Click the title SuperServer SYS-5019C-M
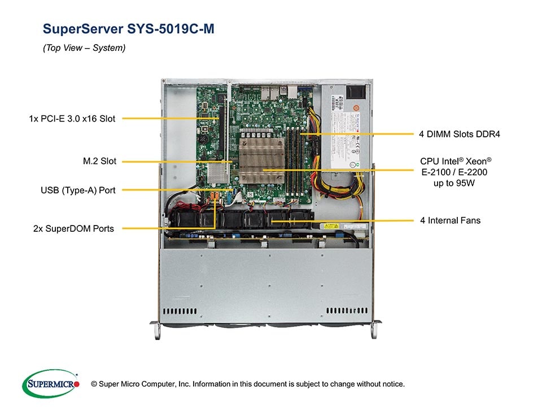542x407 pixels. click(x=128, y=29)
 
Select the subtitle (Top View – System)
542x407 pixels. click(x=84, y=48)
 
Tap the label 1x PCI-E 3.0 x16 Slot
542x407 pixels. click(x=72, y=119)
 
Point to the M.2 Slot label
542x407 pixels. click(x=99, y=162)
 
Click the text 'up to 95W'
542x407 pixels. click(x=453, y=184)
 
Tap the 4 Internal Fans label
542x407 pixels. click(x=450, y=220)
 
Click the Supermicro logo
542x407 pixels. click(x=51, y=383)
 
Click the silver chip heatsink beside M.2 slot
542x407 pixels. click(x=215, y=174)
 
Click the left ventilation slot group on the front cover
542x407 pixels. click(x=180, y=311)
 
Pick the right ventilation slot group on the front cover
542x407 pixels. click(x=347, y=311)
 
